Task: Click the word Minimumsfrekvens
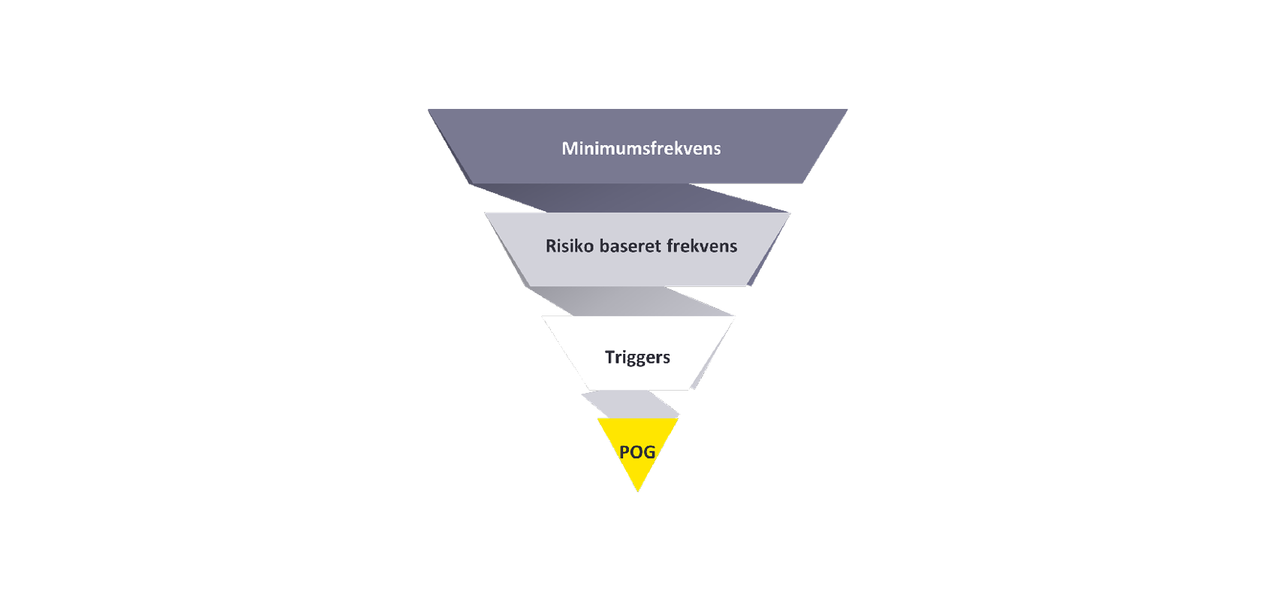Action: tap(641, 148)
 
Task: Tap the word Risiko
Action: tap(569, 246)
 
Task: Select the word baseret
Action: tap(630, 246)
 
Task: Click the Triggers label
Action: tap(637, 357)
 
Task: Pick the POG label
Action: tap(637, 452)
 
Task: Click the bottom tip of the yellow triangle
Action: tap(638, 491)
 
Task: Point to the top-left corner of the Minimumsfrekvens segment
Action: tap(429, 110)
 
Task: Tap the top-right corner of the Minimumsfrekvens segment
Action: tap(847, 110)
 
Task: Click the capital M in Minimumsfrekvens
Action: tap(569, 148)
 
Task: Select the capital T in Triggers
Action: tap(609, 357)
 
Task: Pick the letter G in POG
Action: tap(649, 452)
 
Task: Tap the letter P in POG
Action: tap(624, 452)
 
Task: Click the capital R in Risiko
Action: tap(551, 246)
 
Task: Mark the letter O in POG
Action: tap(636, 452)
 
